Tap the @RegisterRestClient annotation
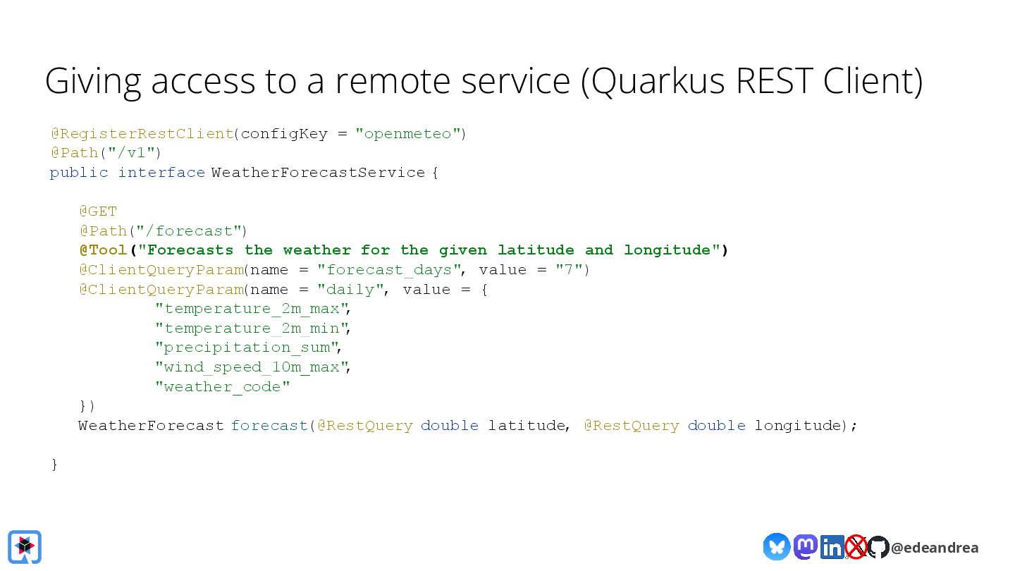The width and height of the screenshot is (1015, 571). click(141, 133)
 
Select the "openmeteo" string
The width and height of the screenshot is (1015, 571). click(407, 133)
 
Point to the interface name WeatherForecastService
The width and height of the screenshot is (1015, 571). click(318, 173)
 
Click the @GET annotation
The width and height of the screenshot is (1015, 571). click(98, 211)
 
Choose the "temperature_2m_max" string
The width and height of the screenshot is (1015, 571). click(252, 309)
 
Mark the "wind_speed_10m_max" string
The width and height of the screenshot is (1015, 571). click(252, 367)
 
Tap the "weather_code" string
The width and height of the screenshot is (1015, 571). click(223, 387)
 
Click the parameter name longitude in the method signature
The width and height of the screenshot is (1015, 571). click(798, 426)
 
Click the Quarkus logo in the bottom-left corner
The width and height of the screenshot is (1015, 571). click(25, 547)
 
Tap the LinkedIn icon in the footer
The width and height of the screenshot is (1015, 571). click(832, 547)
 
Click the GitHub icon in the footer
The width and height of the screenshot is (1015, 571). click(878, 547)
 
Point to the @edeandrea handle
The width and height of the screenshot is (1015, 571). click(935, 548)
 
